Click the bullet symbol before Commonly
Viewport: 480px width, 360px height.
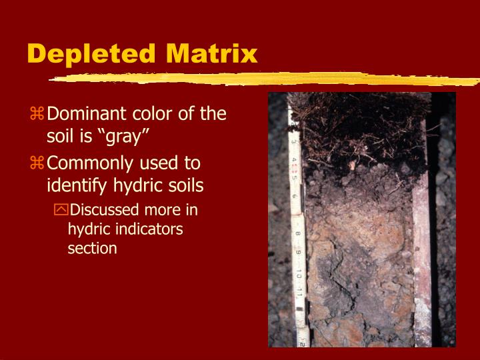click(37, 164)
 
